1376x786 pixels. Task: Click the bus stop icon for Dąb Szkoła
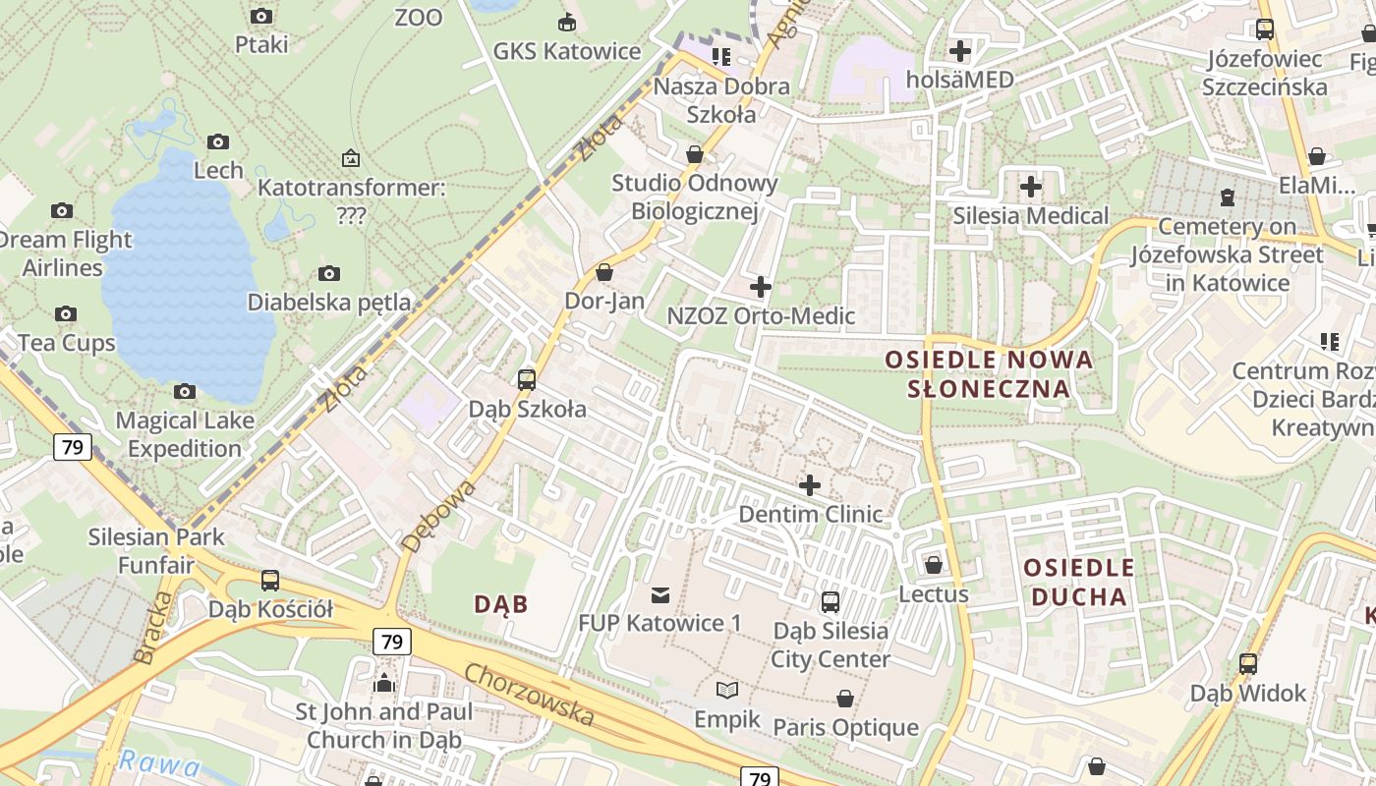point(527,379)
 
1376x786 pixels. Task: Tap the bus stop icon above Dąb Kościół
point(270,580)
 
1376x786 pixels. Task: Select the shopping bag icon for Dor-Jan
point(604,272)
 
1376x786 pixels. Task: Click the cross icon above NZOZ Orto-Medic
point(760,287)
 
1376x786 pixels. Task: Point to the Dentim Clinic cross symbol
point(810,484)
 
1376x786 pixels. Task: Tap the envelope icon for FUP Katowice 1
point(659,594)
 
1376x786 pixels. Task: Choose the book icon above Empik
point(727,691)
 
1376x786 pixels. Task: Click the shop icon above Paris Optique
point(844,699)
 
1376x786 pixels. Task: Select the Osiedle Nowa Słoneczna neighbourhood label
point(989,373)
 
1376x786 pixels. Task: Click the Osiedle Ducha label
point(1079,582)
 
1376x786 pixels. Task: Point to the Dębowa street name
point(438,515)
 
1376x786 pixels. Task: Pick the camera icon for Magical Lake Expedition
point(184,392)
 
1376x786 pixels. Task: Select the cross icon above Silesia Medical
point(1030,186)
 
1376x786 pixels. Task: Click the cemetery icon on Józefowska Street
point(1227,197)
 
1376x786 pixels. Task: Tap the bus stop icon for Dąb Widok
point(1247,663)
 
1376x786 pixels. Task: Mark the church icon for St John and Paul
point(384,682)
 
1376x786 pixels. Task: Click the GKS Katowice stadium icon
point(567,22)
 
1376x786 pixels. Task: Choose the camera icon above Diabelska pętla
point(329,273)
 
